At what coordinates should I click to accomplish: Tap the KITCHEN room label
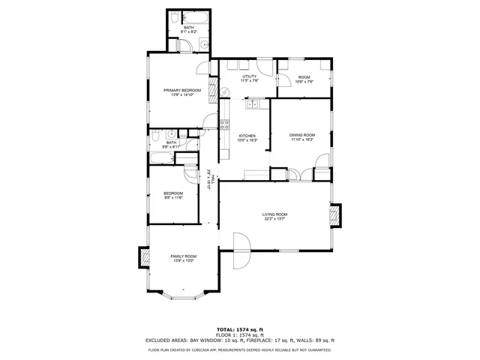tap(247, 135)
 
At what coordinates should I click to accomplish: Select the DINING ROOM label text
tap(302, 135)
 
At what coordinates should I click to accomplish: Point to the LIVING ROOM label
tap(275, 214)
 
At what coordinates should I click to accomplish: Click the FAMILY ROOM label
tap(183, 256)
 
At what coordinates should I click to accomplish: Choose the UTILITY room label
tap(250, 76)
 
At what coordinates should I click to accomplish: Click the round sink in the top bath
tap(203, 45)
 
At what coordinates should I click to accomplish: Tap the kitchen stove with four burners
tap(223, 124)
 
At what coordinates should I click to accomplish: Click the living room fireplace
tap(336, 215)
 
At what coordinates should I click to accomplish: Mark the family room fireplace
tap(142, 257)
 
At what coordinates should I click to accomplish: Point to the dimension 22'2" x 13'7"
tap(275, 220)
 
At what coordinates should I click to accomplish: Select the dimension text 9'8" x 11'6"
tap(173, 198)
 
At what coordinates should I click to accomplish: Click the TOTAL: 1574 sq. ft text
tap(240, 329)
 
